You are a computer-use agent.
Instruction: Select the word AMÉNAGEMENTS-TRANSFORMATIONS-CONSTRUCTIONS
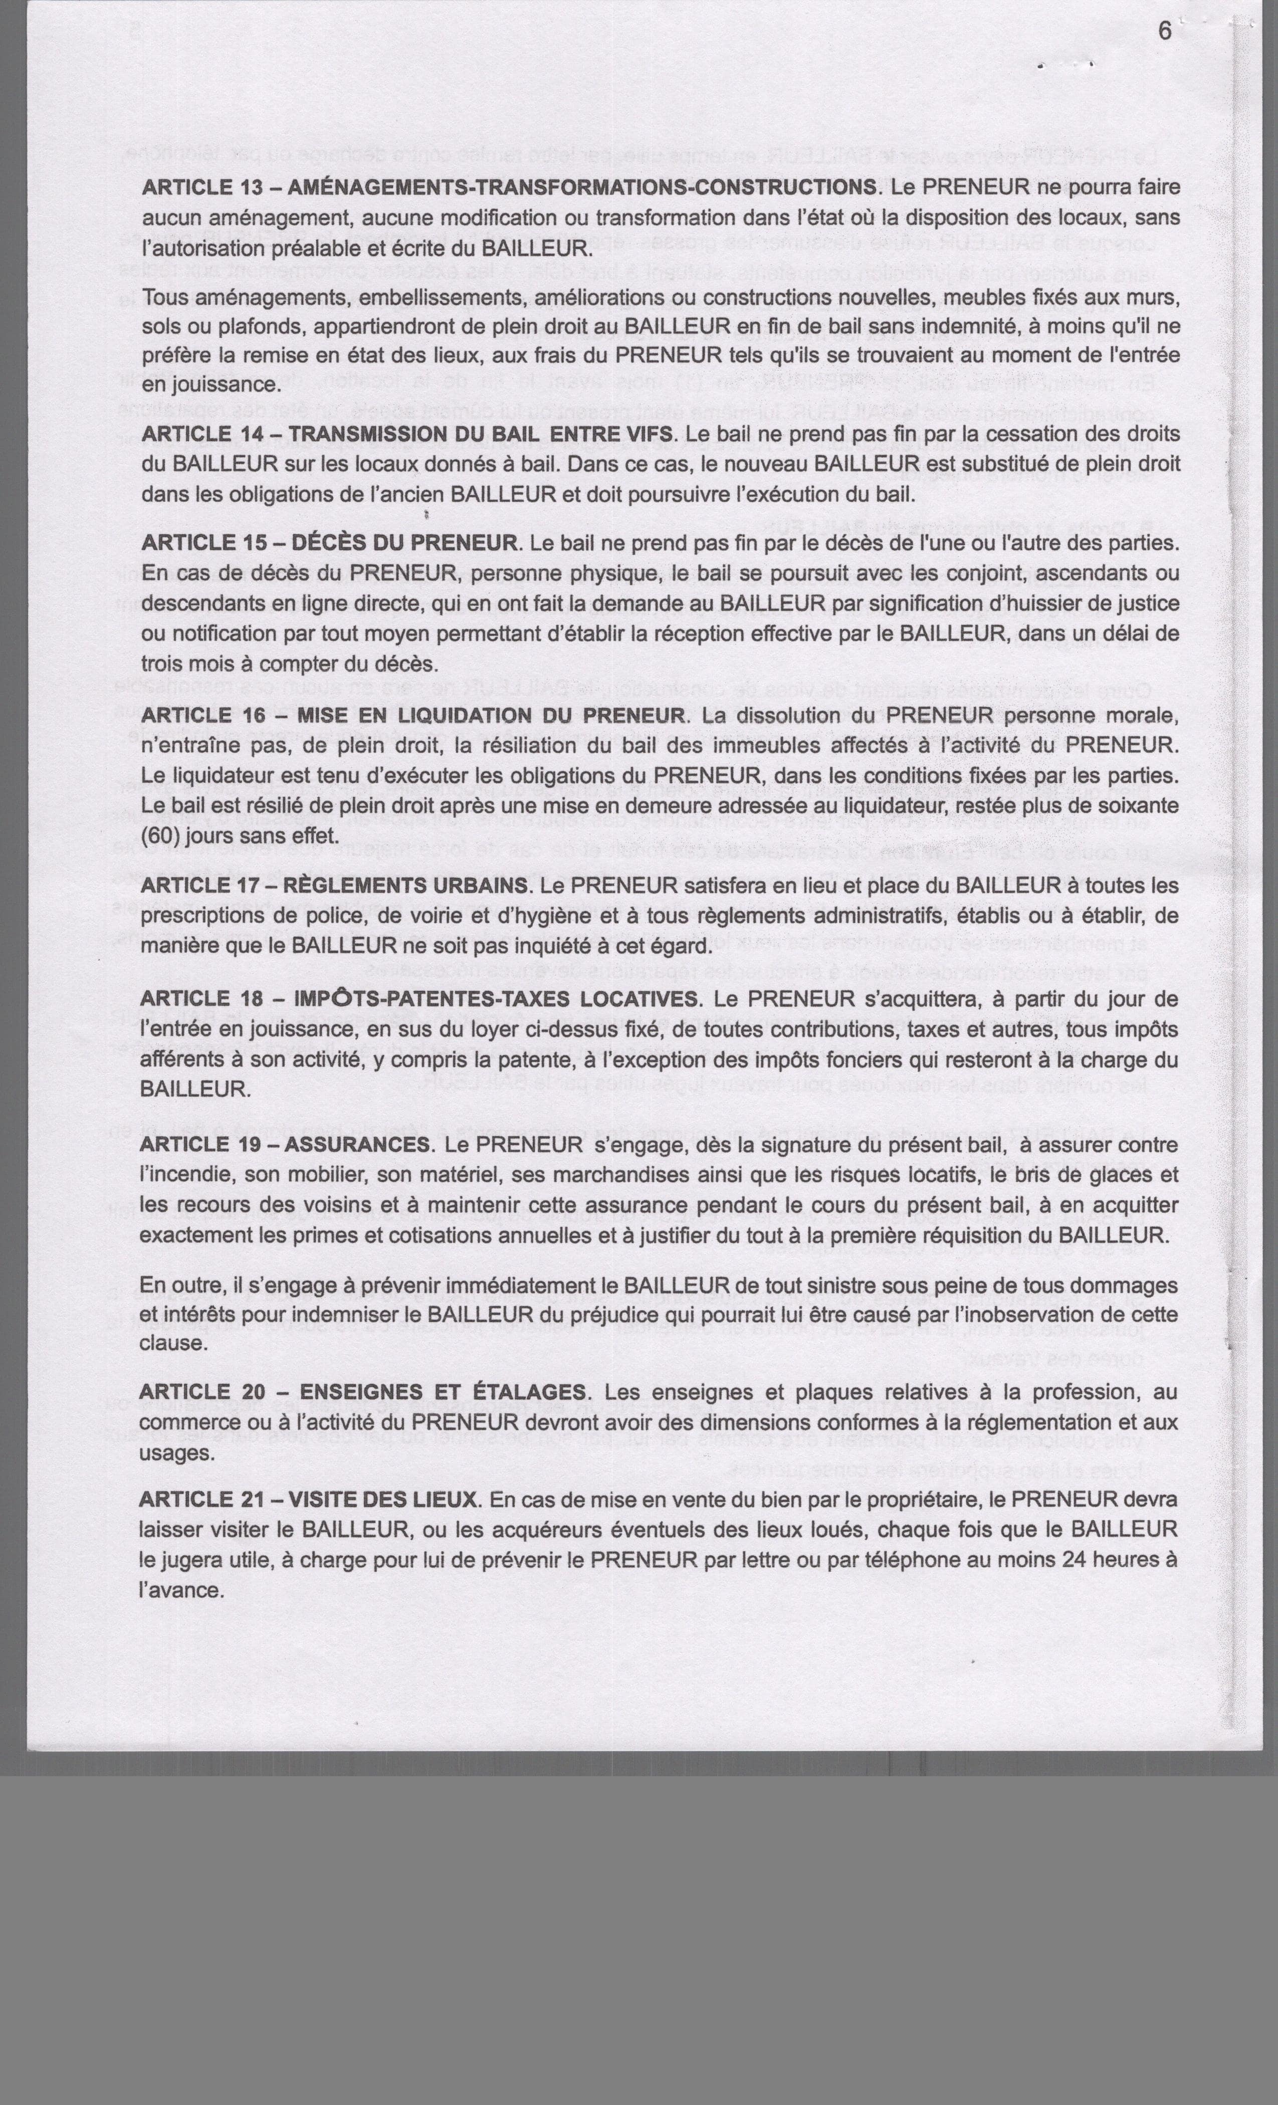pos(582,187)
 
